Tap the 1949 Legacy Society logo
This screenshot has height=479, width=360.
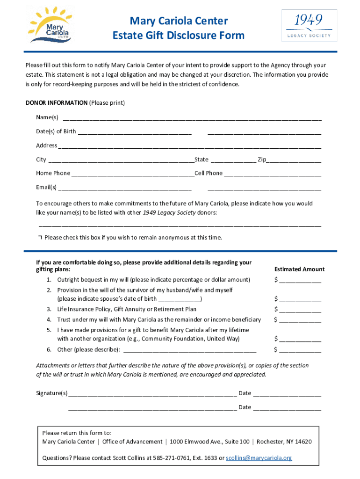coord(309,25)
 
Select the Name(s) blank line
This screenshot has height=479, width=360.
coord(192,118)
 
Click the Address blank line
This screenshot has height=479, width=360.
coord(189,146)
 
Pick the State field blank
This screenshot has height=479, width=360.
coord(233,160)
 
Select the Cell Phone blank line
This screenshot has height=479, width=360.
coord(273,174)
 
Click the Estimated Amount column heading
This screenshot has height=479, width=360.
coord(299,269)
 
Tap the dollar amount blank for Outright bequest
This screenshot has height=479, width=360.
coord(300,280)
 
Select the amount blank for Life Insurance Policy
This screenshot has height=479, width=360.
coord(300,310)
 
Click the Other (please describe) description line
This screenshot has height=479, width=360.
coord(189,350)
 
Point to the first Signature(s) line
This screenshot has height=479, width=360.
coord(152,393)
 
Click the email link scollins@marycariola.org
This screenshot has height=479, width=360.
coord(259,458)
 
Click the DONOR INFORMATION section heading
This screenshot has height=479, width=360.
coord(56,102)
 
